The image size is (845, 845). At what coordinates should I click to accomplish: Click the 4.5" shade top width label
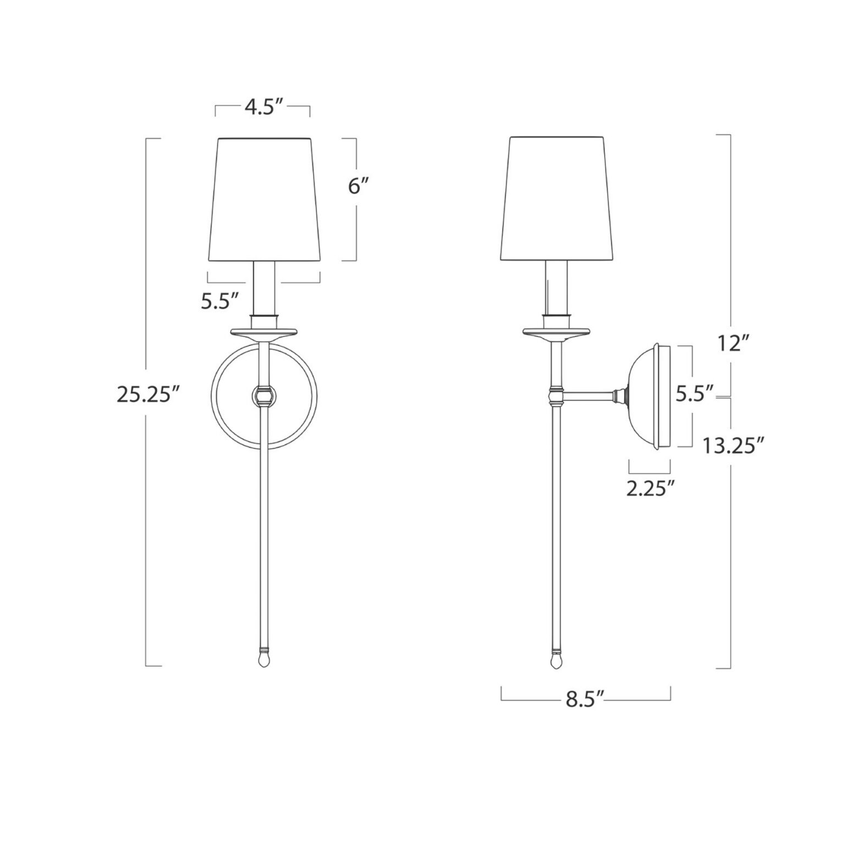click(263, 108)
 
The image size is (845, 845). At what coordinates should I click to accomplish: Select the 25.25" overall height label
click(149, 394)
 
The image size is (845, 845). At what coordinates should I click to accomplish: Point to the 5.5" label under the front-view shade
click(220, 301)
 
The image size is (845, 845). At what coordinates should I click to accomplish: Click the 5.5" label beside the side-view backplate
click(695, 394)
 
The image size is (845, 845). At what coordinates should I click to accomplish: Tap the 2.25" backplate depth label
click(650, 487)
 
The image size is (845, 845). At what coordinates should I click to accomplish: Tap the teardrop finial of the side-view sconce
click(557, 659)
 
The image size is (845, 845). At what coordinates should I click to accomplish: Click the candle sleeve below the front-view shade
click(264, 287)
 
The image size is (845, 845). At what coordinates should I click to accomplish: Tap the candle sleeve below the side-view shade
click(556, 287)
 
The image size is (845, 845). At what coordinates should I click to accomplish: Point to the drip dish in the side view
click(556, 332)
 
